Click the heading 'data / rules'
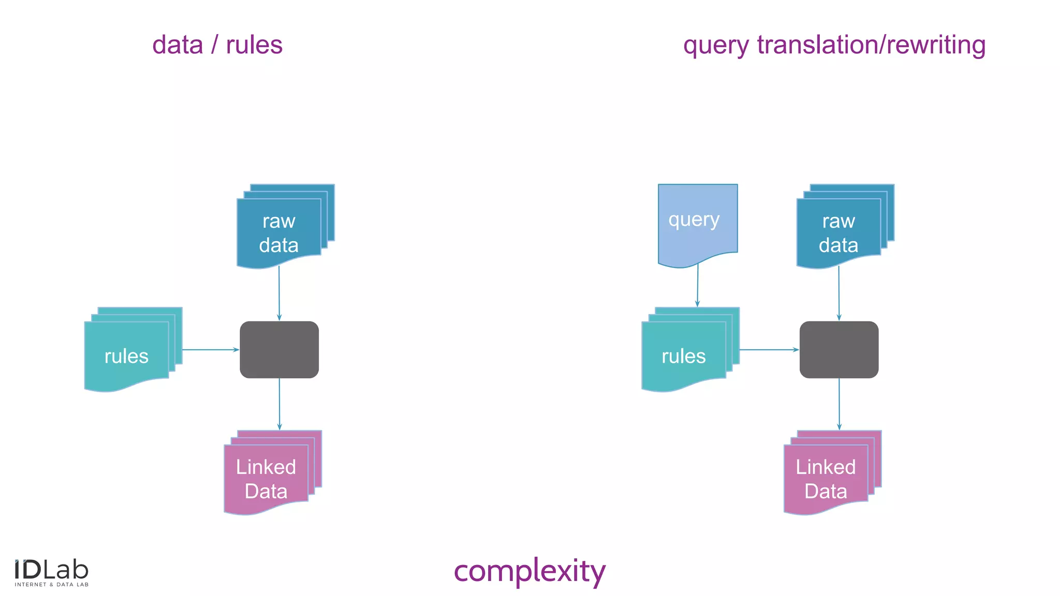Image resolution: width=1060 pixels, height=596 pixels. [x=217, y=45]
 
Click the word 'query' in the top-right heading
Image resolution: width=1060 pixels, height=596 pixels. [x=716, y=46]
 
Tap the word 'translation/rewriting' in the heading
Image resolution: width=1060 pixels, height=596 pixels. [x=871, y=45]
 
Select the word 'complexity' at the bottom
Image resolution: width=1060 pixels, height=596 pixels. [x=529, y=571]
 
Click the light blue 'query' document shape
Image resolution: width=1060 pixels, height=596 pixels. [x=697, y=222]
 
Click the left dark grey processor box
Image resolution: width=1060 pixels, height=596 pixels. [x=279, y=350]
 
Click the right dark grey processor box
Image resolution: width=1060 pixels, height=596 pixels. [x=839, y=350]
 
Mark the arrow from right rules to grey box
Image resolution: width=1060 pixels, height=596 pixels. [x=769, y=350]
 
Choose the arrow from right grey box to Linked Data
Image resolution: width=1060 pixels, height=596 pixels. [x=839, y=404]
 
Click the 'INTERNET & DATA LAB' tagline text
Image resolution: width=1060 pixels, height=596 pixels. [x=51, y=585]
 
